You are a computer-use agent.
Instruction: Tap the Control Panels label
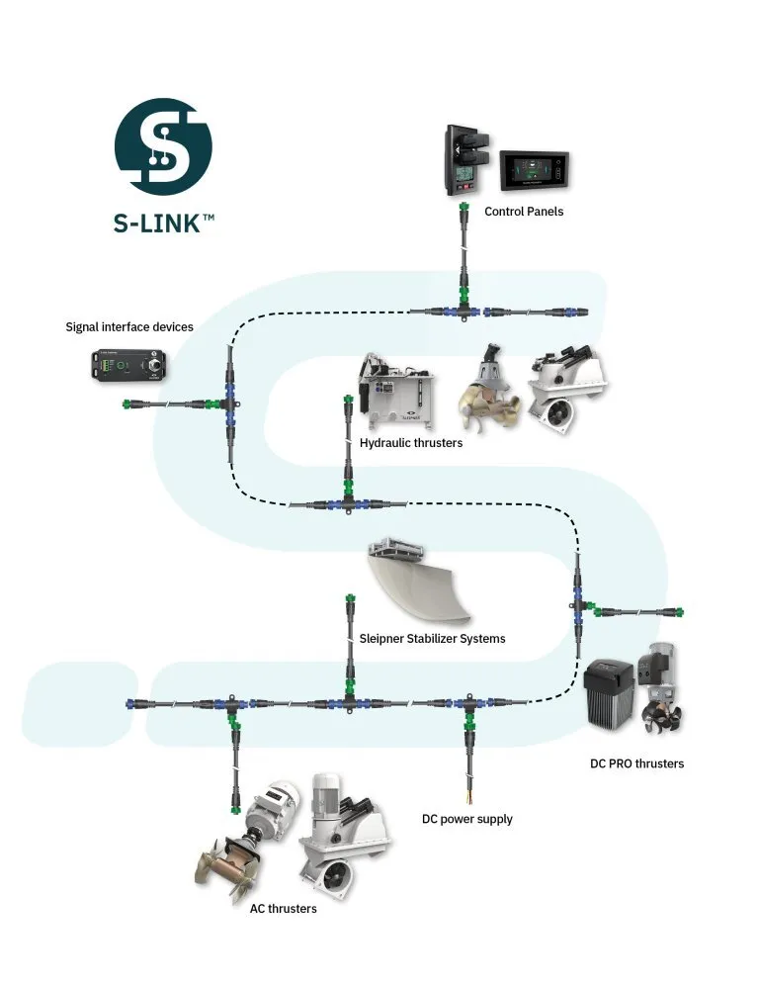(524, 212)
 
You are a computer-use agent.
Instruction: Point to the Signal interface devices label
(129, 326)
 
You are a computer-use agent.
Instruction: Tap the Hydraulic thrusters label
(411, 443)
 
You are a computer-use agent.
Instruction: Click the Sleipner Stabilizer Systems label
(433, 639)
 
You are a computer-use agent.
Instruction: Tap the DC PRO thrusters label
(637, 763)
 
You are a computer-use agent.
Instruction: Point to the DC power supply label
(467, 819)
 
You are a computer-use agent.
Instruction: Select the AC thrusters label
(284, 908)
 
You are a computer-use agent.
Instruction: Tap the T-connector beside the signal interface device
(228, 403)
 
